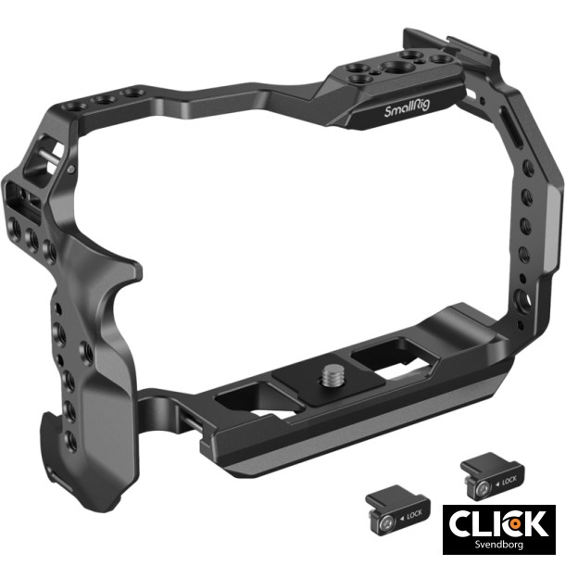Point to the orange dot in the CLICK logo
508,522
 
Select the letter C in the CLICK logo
465,523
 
